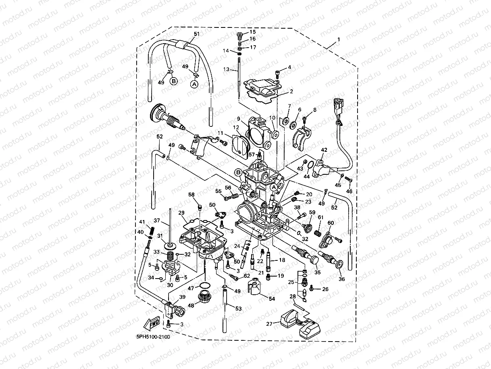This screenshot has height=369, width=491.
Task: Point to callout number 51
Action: point(197,34)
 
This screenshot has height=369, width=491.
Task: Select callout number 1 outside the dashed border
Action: point(339,40)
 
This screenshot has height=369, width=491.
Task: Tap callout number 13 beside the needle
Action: point(227,69)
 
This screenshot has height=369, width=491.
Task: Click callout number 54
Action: point(272,298)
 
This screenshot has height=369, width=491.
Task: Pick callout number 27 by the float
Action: point(269,323)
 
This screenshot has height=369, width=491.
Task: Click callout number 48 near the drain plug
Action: point(191,305)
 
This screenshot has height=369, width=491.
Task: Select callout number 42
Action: point(324,150)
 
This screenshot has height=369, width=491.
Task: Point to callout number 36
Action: point(342,279)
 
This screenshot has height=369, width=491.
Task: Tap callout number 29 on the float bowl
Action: point(181,213)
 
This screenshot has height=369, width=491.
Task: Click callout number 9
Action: point(239,119)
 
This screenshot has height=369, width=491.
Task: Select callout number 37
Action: point(157,220)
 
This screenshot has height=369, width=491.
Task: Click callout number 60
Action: point(331,222)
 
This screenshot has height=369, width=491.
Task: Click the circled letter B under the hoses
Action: point(174,81)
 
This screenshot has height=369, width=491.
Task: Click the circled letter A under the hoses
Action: point(194,84)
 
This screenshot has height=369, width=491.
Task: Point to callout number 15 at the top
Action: point(252,31)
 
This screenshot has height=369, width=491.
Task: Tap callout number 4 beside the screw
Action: point(289,67)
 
